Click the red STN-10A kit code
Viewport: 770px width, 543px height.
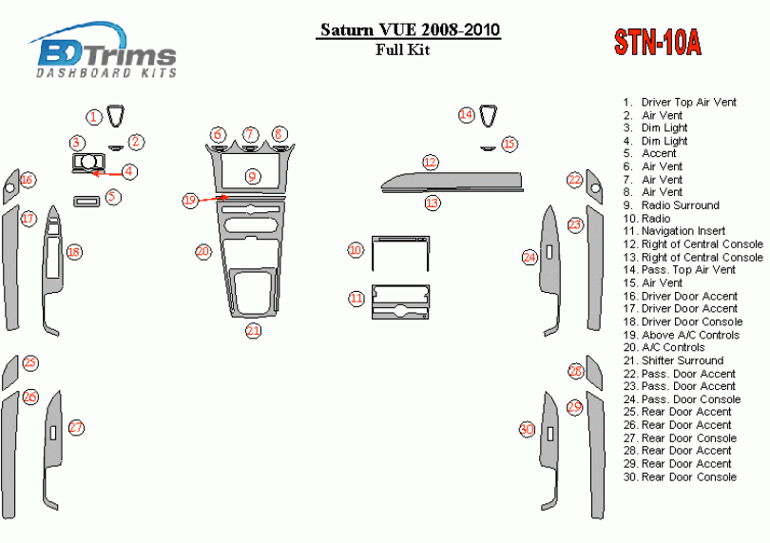point(657,42)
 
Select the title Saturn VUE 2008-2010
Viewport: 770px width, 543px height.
point(410,30)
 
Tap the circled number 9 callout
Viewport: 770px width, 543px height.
point(252,177)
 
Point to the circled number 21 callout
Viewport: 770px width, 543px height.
point(253,330)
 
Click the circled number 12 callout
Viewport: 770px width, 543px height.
point(431,163)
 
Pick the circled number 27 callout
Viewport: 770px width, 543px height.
point(76,428)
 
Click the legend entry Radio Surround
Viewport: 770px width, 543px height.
point(680,205)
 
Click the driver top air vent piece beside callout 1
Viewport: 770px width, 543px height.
point(116,115)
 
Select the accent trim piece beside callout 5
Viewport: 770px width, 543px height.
point(87,202)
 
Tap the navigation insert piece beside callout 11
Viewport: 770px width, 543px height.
point(401,301)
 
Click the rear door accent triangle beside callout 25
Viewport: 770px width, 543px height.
point(10,373)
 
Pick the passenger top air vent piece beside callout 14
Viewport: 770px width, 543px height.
point(488,115)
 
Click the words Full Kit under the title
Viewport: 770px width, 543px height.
point(403,50)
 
